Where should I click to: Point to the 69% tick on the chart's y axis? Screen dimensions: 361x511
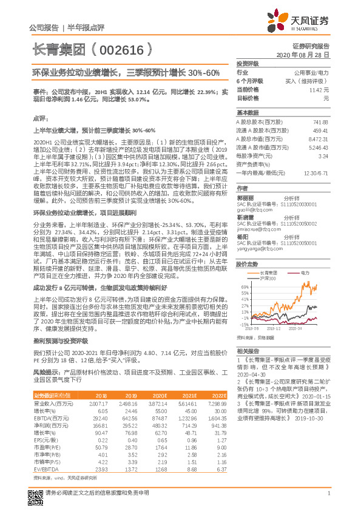[x=244, y=287]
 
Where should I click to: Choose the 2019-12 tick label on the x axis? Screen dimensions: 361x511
[x=275, y=330]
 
